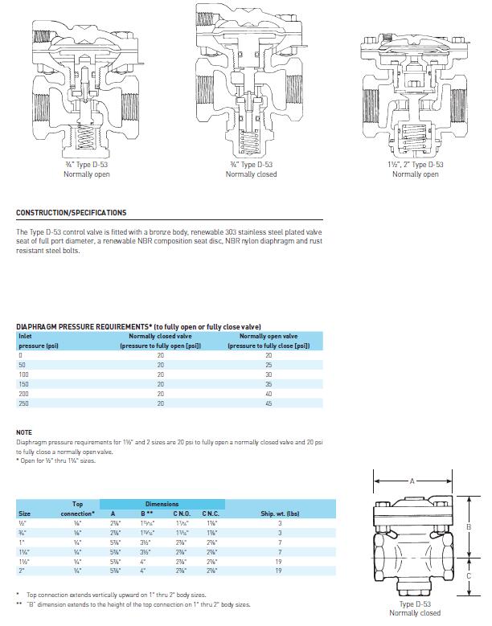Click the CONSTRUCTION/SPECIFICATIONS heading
pyautogui.click(x=71, y=213)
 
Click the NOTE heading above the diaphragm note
pyautogui.click(x=24, y=432)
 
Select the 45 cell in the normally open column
pyautogui.click(x=269, y=404)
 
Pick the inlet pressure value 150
pyautogui.click(x=23, y=385)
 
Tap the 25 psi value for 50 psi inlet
pyautogui.click(x=269, y=365)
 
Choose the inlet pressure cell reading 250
pyautogui.click(x=23, y=404)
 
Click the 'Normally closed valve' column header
pyautogui.click(x=160, y=336)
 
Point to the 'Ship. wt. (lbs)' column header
pyautogui.click(x=280, y=513)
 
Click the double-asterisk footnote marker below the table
pyautogui.click(x=19, y=603)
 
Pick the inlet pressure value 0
pyautogui.click(x=20, y=355)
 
